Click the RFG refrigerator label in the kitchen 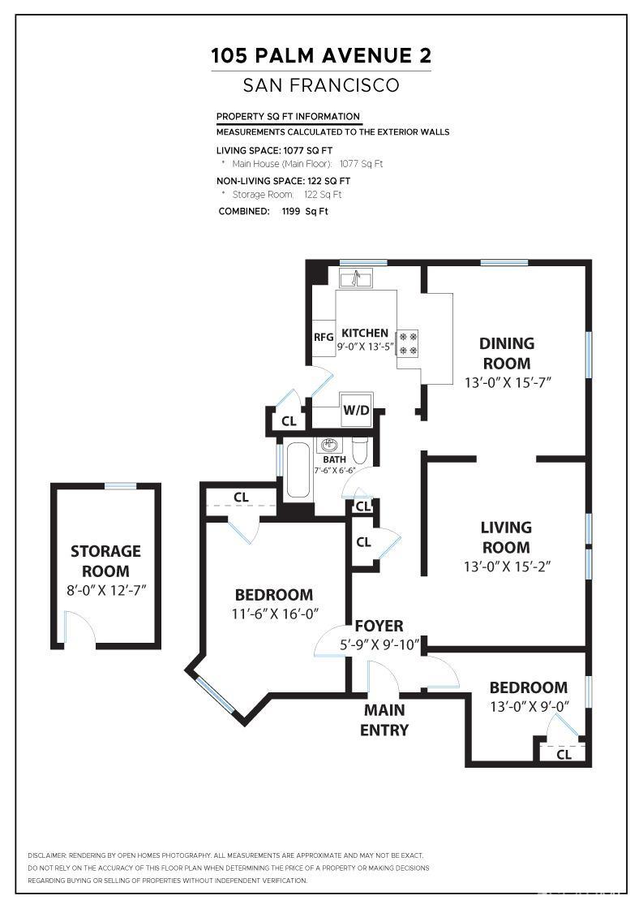tap(324, 337)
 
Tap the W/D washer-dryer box tap(356, 410)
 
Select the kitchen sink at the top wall tap(356, 279)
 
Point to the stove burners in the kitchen tap(408, 342)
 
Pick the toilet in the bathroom tap(361, 448)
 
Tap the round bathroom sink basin tap(330, 445)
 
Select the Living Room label tap(506, 537)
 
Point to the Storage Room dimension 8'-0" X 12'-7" tap(106, 592)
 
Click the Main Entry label tap(384, 720)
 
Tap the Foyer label tap(379, 626)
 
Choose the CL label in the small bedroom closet tap(564, 755)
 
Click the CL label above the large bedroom tap(241, 497)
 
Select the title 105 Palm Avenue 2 tap(321, 56)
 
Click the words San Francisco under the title tap(321, 85)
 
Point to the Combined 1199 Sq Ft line tap(273, 211)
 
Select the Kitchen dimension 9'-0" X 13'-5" tap(365, 347)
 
